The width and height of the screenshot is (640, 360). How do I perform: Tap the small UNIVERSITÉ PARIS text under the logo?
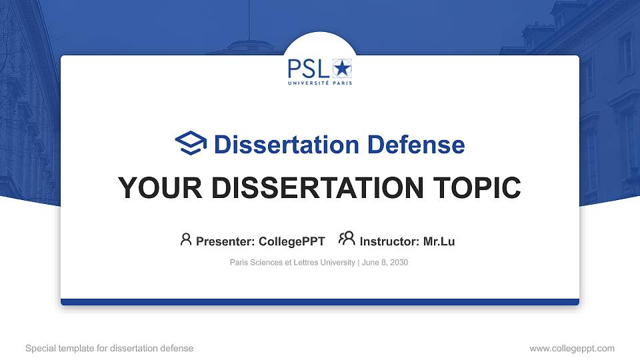point(320,83)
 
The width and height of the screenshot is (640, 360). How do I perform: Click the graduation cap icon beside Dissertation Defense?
point(191,143)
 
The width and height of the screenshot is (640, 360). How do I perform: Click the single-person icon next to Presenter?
point(186,239)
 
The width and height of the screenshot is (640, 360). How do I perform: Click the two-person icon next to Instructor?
point(347,239)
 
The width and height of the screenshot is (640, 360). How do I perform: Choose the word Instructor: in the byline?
point(390,241)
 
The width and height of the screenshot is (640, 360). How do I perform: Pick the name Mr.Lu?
point(439,241)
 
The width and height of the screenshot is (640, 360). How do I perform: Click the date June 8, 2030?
point(385,263)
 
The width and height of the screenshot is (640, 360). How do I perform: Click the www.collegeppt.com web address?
point(572,348)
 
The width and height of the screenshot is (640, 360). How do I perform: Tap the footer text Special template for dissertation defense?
point(109,348)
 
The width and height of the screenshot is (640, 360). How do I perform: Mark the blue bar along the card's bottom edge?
point(320,302)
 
